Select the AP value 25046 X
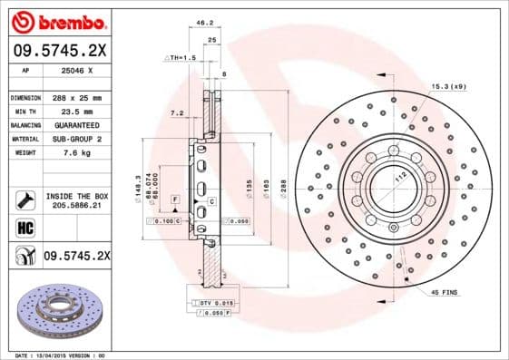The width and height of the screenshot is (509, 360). [75, 70]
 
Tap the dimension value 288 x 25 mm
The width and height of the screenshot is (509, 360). [76, 96]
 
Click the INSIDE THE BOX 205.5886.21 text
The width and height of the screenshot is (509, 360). [76, 201]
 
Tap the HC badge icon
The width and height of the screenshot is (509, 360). [24, 228]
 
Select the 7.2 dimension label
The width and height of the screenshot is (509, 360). [176, 113]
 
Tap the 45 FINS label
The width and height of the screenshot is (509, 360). [445, 293]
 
